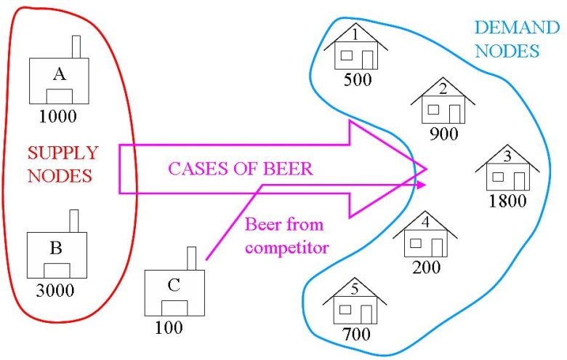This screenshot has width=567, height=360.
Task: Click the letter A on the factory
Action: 57,71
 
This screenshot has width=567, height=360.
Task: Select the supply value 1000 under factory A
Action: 57,116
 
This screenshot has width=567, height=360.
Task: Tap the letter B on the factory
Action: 56,247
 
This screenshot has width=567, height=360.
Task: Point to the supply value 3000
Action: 55,291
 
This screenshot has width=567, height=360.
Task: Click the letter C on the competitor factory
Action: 174,284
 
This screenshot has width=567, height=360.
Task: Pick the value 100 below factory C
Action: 169,327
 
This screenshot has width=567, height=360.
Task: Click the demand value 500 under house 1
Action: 357,79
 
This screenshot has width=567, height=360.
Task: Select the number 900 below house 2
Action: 443,135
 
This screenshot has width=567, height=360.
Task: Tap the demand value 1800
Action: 507,201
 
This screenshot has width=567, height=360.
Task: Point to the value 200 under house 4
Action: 426,267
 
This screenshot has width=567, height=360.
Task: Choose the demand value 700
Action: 355,335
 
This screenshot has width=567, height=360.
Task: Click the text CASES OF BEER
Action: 241,169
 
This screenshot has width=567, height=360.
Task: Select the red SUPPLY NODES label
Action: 63,164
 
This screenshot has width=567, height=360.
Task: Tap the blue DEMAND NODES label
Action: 507,39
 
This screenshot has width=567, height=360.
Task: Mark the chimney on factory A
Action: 76,46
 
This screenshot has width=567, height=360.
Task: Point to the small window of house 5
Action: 347,309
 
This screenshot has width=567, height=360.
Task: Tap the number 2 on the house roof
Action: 443,89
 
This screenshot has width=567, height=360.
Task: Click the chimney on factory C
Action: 192,258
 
